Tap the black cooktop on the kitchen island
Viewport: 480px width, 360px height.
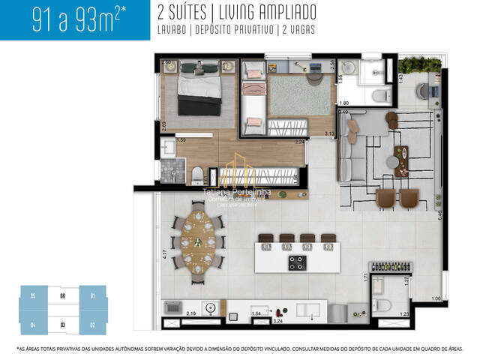point(296,262)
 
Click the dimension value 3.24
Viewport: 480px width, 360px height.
point(278,320)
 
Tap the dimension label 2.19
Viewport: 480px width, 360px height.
point(191,313)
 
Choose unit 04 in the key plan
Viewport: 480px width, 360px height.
point(33,325)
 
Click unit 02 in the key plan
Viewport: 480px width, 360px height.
point(92,325)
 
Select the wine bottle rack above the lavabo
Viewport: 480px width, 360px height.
point(386,267)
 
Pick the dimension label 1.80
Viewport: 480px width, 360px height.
point(344,103)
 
